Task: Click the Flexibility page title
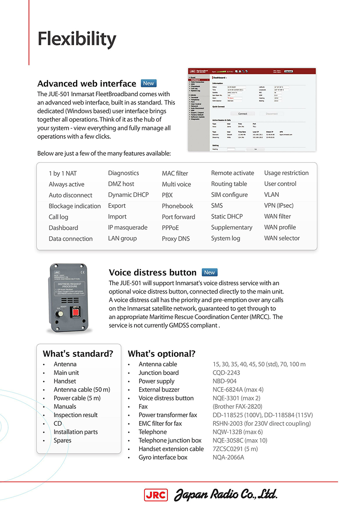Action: click(x=77, y=39)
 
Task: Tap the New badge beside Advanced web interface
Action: click(x=148, y=83)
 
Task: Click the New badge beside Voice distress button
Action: click(x=209, y=272)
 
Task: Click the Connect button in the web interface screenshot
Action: click(x=243, y=114)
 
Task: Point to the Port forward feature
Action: click(x=178, y=217)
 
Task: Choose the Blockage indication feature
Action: click(x=75, y=206)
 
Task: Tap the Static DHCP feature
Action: click(x=227, y=216)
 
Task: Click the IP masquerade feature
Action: click(x=128, y=227)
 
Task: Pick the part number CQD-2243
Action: click(x=226, y=372)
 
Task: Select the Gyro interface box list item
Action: click(x=163, y=457)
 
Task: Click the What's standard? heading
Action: click(x=78, y=354)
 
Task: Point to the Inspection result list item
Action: click(x=75, y=415)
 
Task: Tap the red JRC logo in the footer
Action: click(x=156, y=495)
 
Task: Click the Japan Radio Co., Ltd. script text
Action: click(x=226, y=494)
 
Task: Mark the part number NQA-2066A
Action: click(x=228, y=457)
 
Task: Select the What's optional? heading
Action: click(x=161, y=354)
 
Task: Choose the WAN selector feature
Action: click(x=282, y=238)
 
